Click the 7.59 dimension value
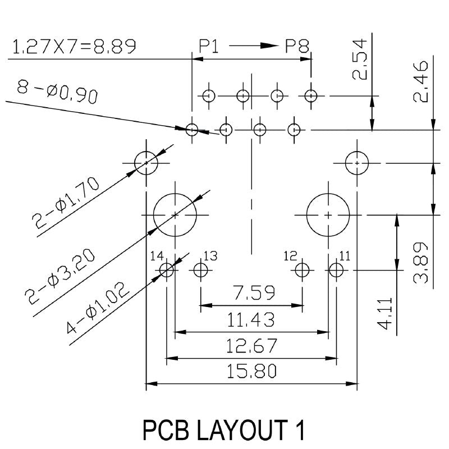coord(251,293)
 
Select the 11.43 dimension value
coord(251,320)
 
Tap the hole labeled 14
coord(167,271)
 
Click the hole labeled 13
coord(200,271)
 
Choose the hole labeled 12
coord(302,271)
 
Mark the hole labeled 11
coord(336,271)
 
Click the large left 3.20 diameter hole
coord(175,215)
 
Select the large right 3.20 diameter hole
coord(328,215)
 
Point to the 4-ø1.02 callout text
coord(98,304)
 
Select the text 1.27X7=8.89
coord(74,47)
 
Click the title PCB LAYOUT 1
coord(224,430)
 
